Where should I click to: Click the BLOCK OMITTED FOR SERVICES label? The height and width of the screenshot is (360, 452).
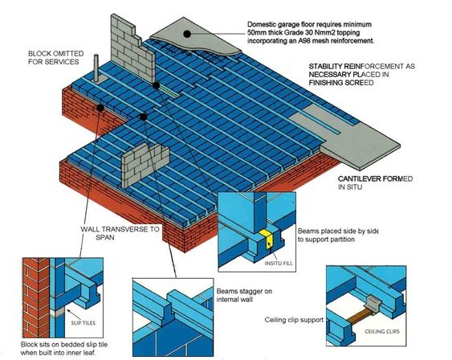(56, 58)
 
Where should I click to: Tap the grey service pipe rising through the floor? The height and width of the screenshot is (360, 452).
(96, 67)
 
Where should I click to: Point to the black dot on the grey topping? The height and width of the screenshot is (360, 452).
(187, 34)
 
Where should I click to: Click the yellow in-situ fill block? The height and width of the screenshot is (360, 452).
(267, 239)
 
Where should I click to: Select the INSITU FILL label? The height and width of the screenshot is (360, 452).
(279, 263)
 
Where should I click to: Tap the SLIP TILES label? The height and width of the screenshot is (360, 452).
(83, 323)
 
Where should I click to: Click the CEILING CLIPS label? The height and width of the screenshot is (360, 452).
(382, 331)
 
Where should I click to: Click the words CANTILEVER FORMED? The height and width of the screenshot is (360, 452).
(375, 179)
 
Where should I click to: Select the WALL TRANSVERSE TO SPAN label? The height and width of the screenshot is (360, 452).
(120, 233)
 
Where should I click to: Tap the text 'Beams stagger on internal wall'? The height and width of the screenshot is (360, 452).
(244, 296)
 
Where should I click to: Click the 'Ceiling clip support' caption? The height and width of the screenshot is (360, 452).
(294, 320)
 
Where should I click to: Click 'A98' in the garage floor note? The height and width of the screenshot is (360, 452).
(303, 41)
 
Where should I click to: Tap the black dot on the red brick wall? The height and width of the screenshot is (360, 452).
(100, 108)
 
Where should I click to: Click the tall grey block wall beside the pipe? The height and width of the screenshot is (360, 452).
(131, 49)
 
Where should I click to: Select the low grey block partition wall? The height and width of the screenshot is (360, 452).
(145, 166)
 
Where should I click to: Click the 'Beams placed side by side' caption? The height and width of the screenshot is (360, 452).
(338, 231)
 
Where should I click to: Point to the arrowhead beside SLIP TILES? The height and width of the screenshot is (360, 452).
(68, 311)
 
